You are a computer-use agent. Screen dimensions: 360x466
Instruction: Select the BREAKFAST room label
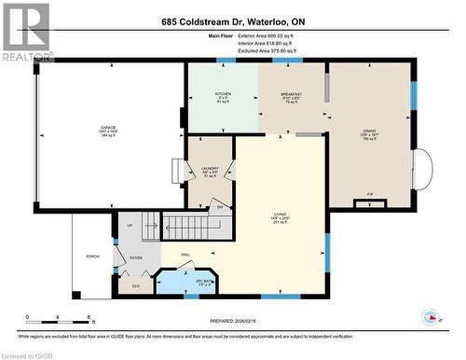pos(294,94)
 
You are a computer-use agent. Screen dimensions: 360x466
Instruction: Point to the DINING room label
pos(370,132)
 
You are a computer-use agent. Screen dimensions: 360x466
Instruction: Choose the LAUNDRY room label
pos(210,169)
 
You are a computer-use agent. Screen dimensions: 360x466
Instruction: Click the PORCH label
pos(92,256)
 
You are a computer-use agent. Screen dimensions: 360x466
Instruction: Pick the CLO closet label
pos(135,286)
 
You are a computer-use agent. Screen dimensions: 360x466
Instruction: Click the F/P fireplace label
pos(370,195)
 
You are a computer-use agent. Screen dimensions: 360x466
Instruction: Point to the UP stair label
pos(129,226)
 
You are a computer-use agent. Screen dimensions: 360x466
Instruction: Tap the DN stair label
pos(220,207)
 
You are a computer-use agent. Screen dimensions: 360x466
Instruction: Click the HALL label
pos(185,254)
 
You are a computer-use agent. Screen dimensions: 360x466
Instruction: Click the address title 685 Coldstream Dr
pos(232,21)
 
